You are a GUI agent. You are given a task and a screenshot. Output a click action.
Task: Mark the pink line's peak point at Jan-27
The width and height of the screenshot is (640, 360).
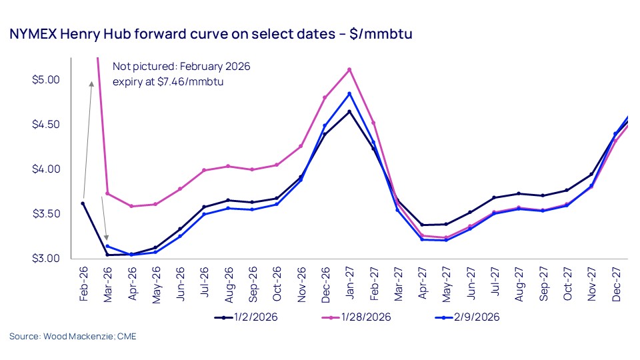(349, 69)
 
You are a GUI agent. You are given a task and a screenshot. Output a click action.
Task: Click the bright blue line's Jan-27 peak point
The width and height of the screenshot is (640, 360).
(349, 93)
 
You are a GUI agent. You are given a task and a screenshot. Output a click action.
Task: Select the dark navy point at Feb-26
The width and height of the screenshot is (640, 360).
(83, 203)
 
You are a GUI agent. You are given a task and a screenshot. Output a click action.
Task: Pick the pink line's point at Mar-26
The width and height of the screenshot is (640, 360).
(107, 193)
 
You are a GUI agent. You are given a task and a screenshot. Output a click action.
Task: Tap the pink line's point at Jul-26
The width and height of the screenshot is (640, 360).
(204, 170)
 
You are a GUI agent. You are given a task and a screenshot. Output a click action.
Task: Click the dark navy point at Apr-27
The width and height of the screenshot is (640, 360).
(423, 225)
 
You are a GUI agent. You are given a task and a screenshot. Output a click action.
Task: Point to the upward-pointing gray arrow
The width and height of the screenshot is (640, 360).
(89, 133)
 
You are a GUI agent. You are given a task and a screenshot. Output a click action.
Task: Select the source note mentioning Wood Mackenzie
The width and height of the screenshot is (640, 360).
(73, 336)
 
